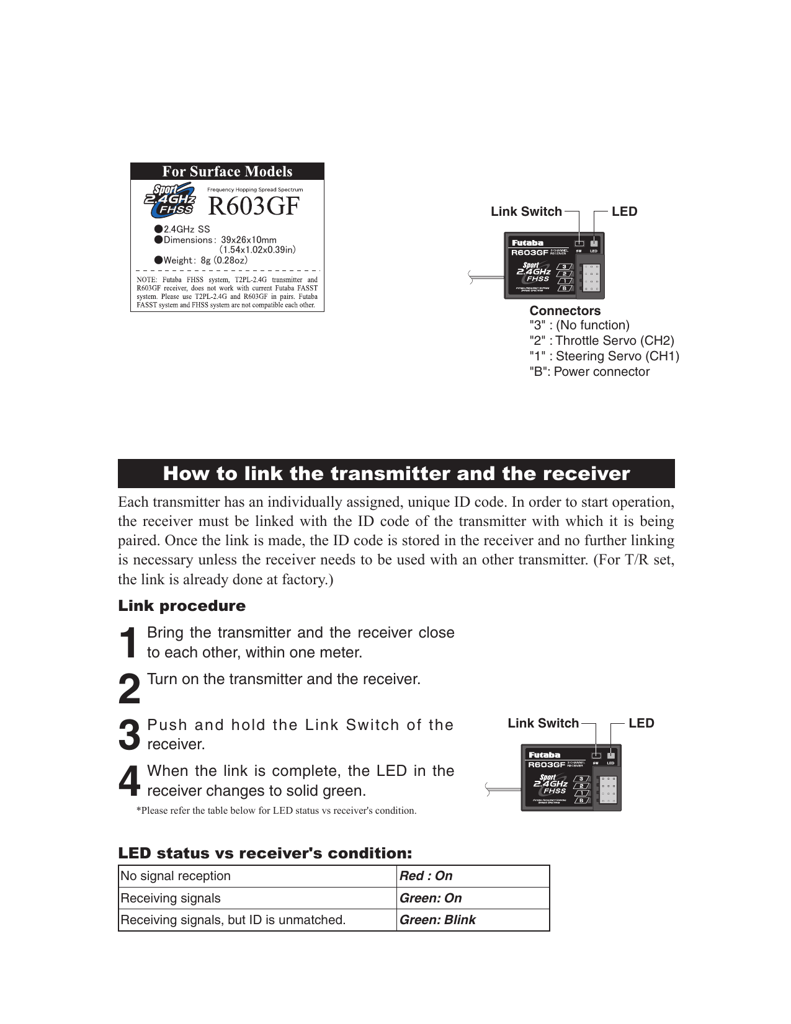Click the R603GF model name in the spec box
[253, 207]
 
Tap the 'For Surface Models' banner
[227, 172]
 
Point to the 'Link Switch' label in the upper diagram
[526, 211]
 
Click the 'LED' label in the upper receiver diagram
[624, 211]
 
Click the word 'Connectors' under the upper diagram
[565, 311]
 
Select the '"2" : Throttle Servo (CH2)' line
[601, 341]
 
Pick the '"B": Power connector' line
[589, 372]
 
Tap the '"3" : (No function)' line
[579, 325]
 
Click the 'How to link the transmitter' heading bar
[396, 474]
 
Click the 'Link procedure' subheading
[182, 606]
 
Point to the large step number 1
[128, 643]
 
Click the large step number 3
[129, 735]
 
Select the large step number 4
[129, 781]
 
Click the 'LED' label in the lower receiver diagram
[641, 723]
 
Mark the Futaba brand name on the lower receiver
[544, 755]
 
